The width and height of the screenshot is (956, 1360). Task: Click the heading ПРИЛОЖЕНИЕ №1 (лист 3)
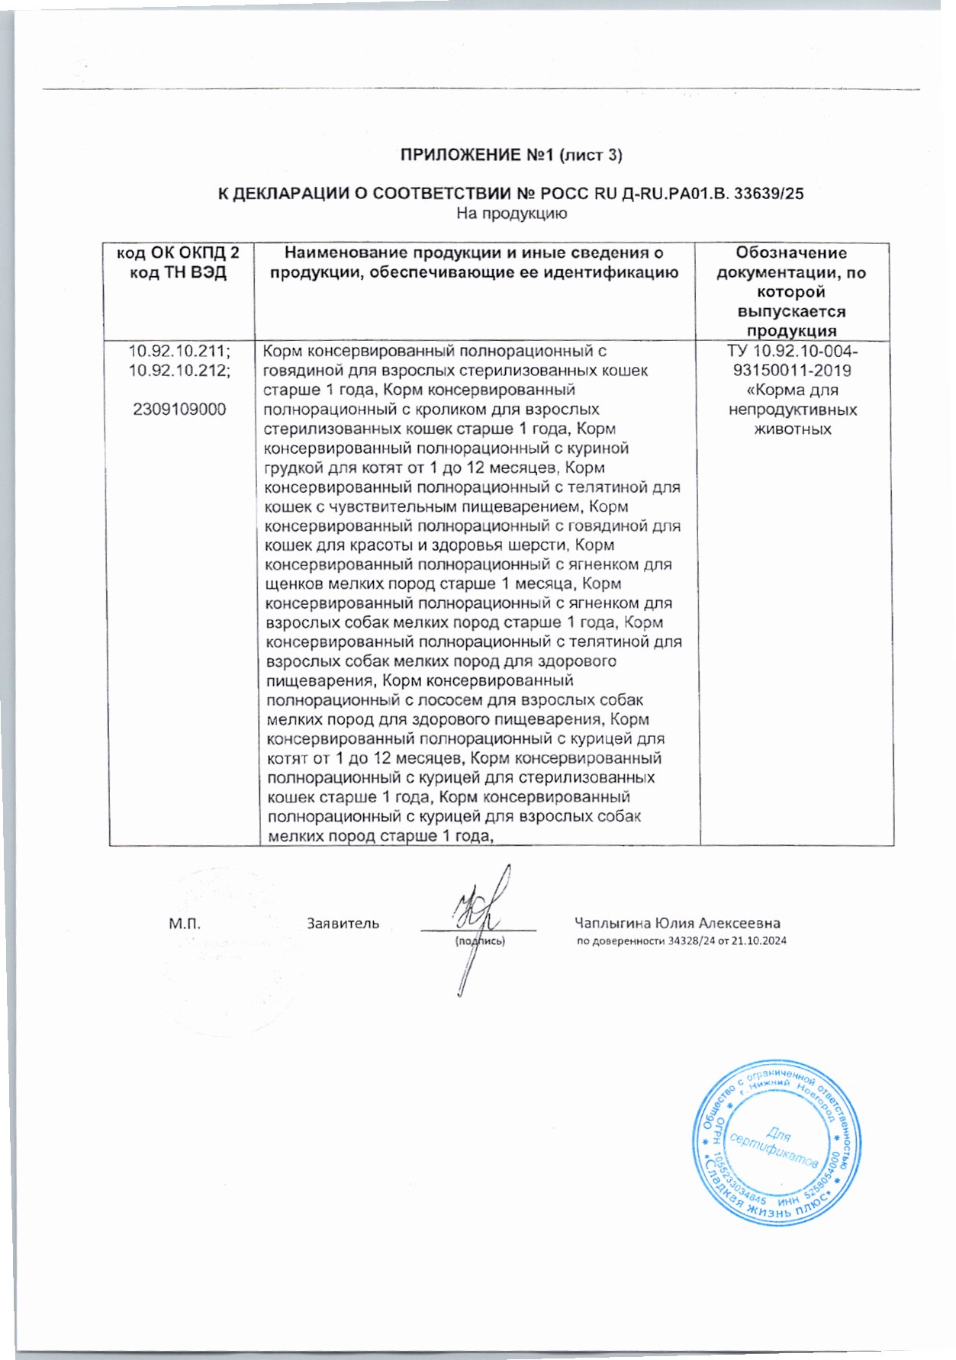point(511,156)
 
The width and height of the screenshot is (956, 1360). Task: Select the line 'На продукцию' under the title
point(511,214)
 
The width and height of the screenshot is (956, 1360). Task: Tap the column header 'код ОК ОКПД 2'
point(178,253)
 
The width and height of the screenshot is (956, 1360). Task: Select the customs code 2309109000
point(179,410)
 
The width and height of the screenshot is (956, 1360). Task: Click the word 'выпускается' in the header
point(791,312)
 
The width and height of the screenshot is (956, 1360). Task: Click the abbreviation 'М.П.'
point(185,924)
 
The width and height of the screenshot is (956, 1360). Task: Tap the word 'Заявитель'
point(343,924)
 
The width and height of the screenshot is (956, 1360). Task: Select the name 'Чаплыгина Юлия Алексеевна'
point(677,924)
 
